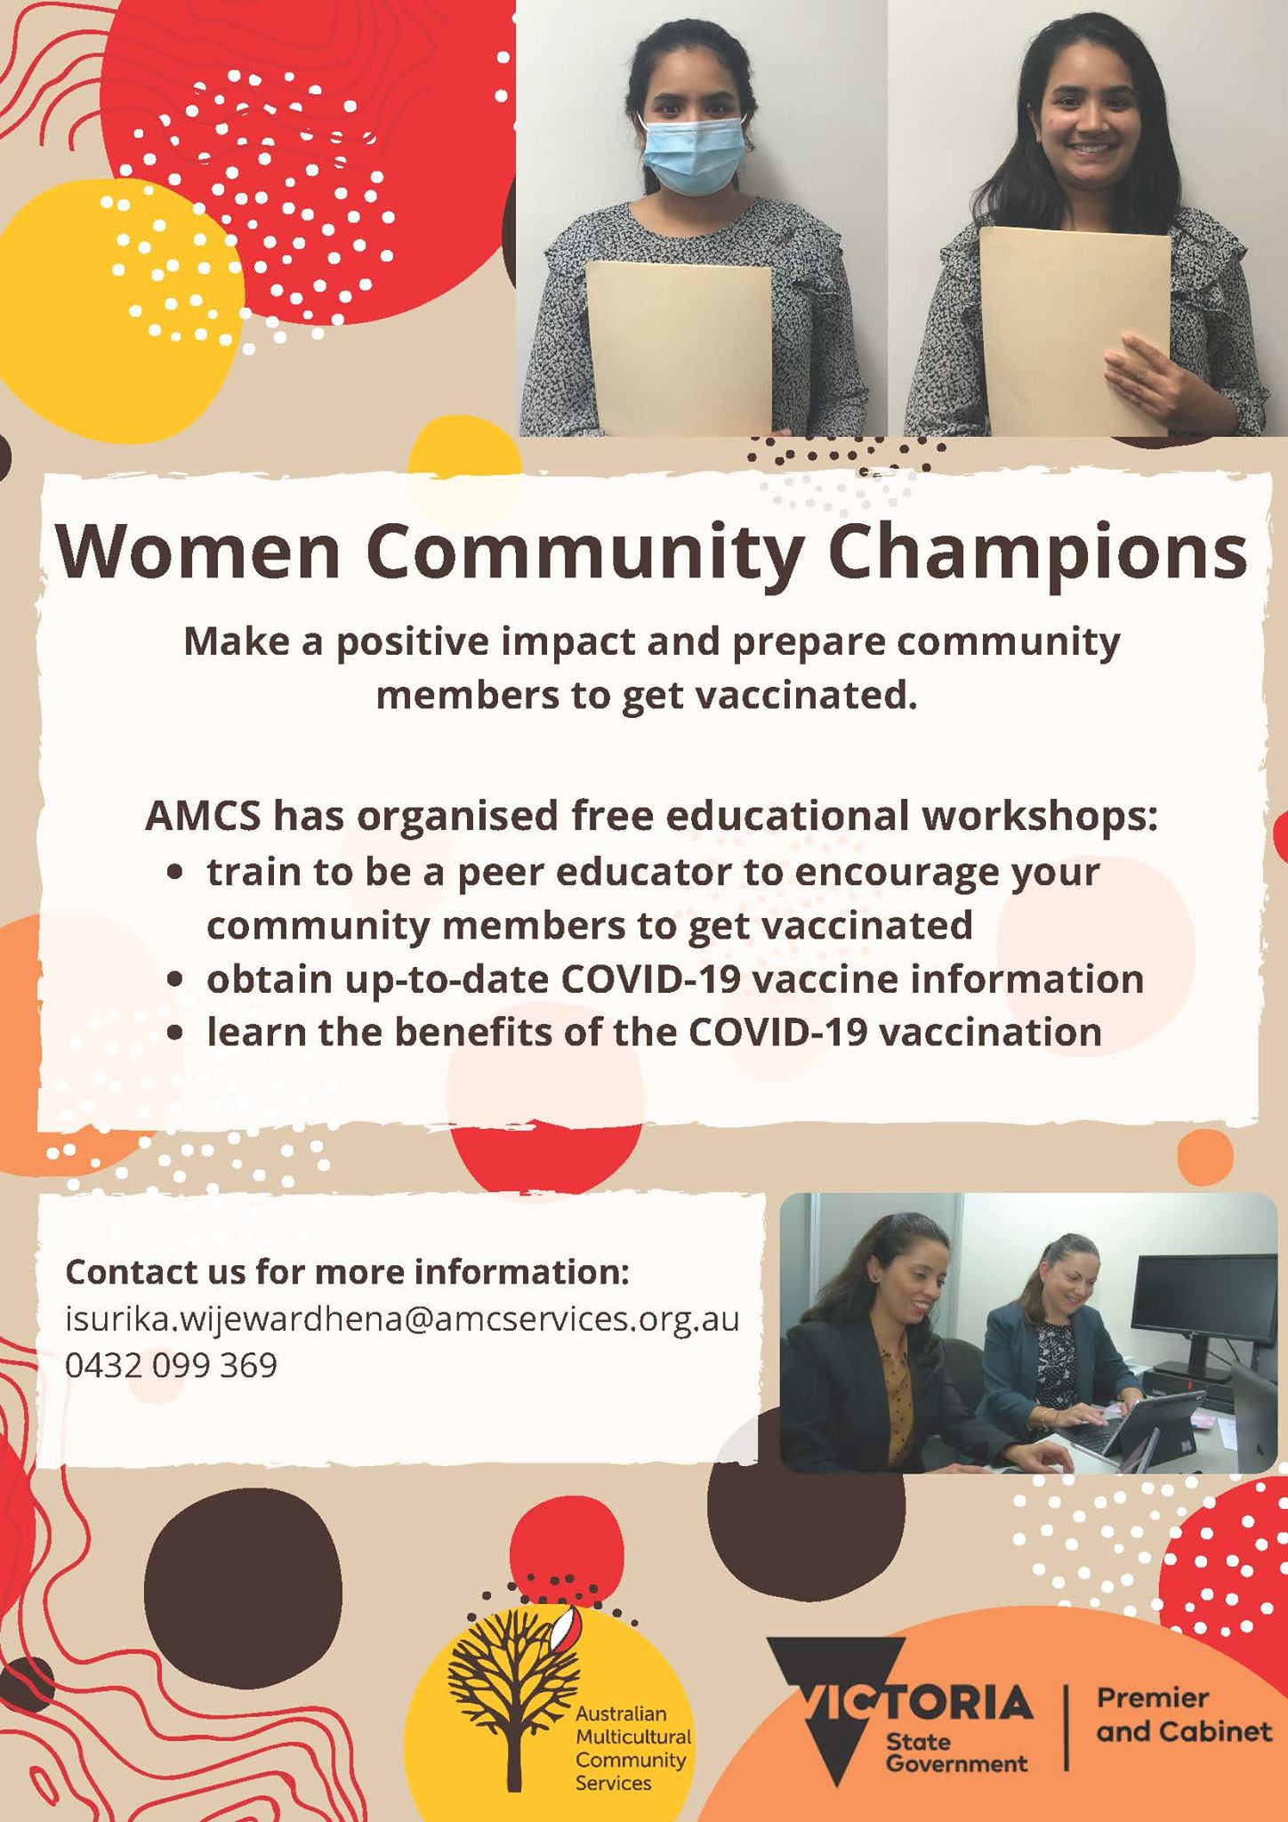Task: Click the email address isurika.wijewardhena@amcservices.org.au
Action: pos(402,1319)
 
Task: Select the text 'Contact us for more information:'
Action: pos(347,1272)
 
